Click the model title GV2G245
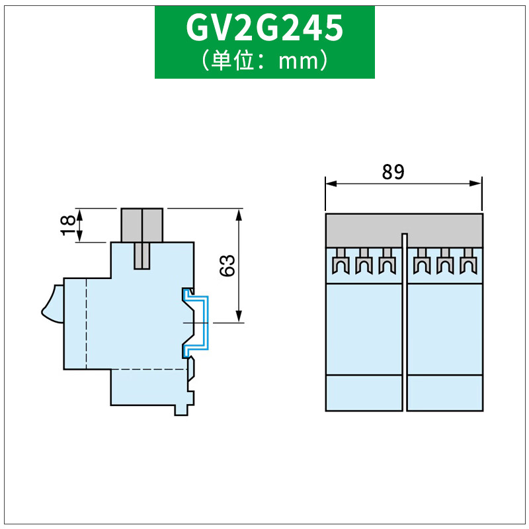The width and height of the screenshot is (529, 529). pyautogui.click(x=264, y=28)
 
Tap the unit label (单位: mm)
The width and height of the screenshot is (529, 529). pyautogui.click(x=264, y=61)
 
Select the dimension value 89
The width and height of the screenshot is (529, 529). pyautogui.click(x=393, y=172)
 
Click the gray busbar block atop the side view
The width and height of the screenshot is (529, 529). pyautogui.click(x=142, y=225)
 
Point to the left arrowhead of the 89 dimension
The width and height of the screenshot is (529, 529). pyautogui.click(x=329, y=183)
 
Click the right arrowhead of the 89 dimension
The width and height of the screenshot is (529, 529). pyautogui.click(x=477, y=183)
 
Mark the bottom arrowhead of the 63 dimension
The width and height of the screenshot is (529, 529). pyautogui.click(x=239, y=318)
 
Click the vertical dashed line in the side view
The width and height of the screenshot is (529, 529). pyautogui.click(x=87, y=324)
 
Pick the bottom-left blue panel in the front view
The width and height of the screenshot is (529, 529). pyautogui.click(x=364, y=393)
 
